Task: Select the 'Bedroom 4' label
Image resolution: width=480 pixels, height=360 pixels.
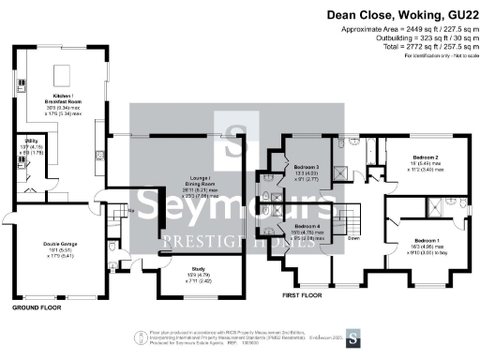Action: [x=308, y=227]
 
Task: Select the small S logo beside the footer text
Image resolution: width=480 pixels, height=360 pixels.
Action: [x=352, y=337]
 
